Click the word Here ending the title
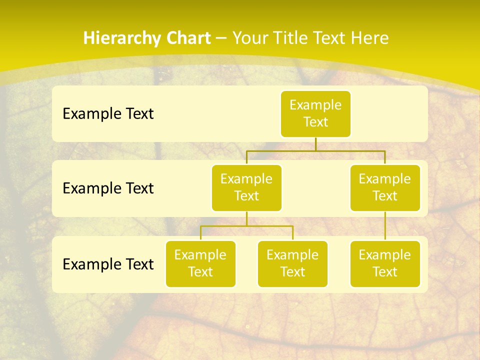[369, 38]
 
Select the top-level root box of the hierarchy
[315, 114]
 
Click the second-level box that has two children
[246, 188]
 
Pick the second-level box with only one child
[385, 188]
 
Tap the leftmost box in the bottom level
[200, 264]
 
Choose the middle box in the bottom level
[292, 264]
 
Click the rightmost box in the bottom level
[385, 264]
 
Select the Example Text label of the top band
[108, 114]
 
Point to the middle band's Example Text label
[108, 188]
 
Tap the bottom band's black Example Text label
[108, 264]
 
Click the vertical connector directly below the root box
[315, 144]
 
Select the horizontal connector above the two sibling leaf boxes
[270, 226]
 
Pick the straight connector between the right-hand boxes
[385, 226]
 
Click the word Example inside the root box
[315, 105]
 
